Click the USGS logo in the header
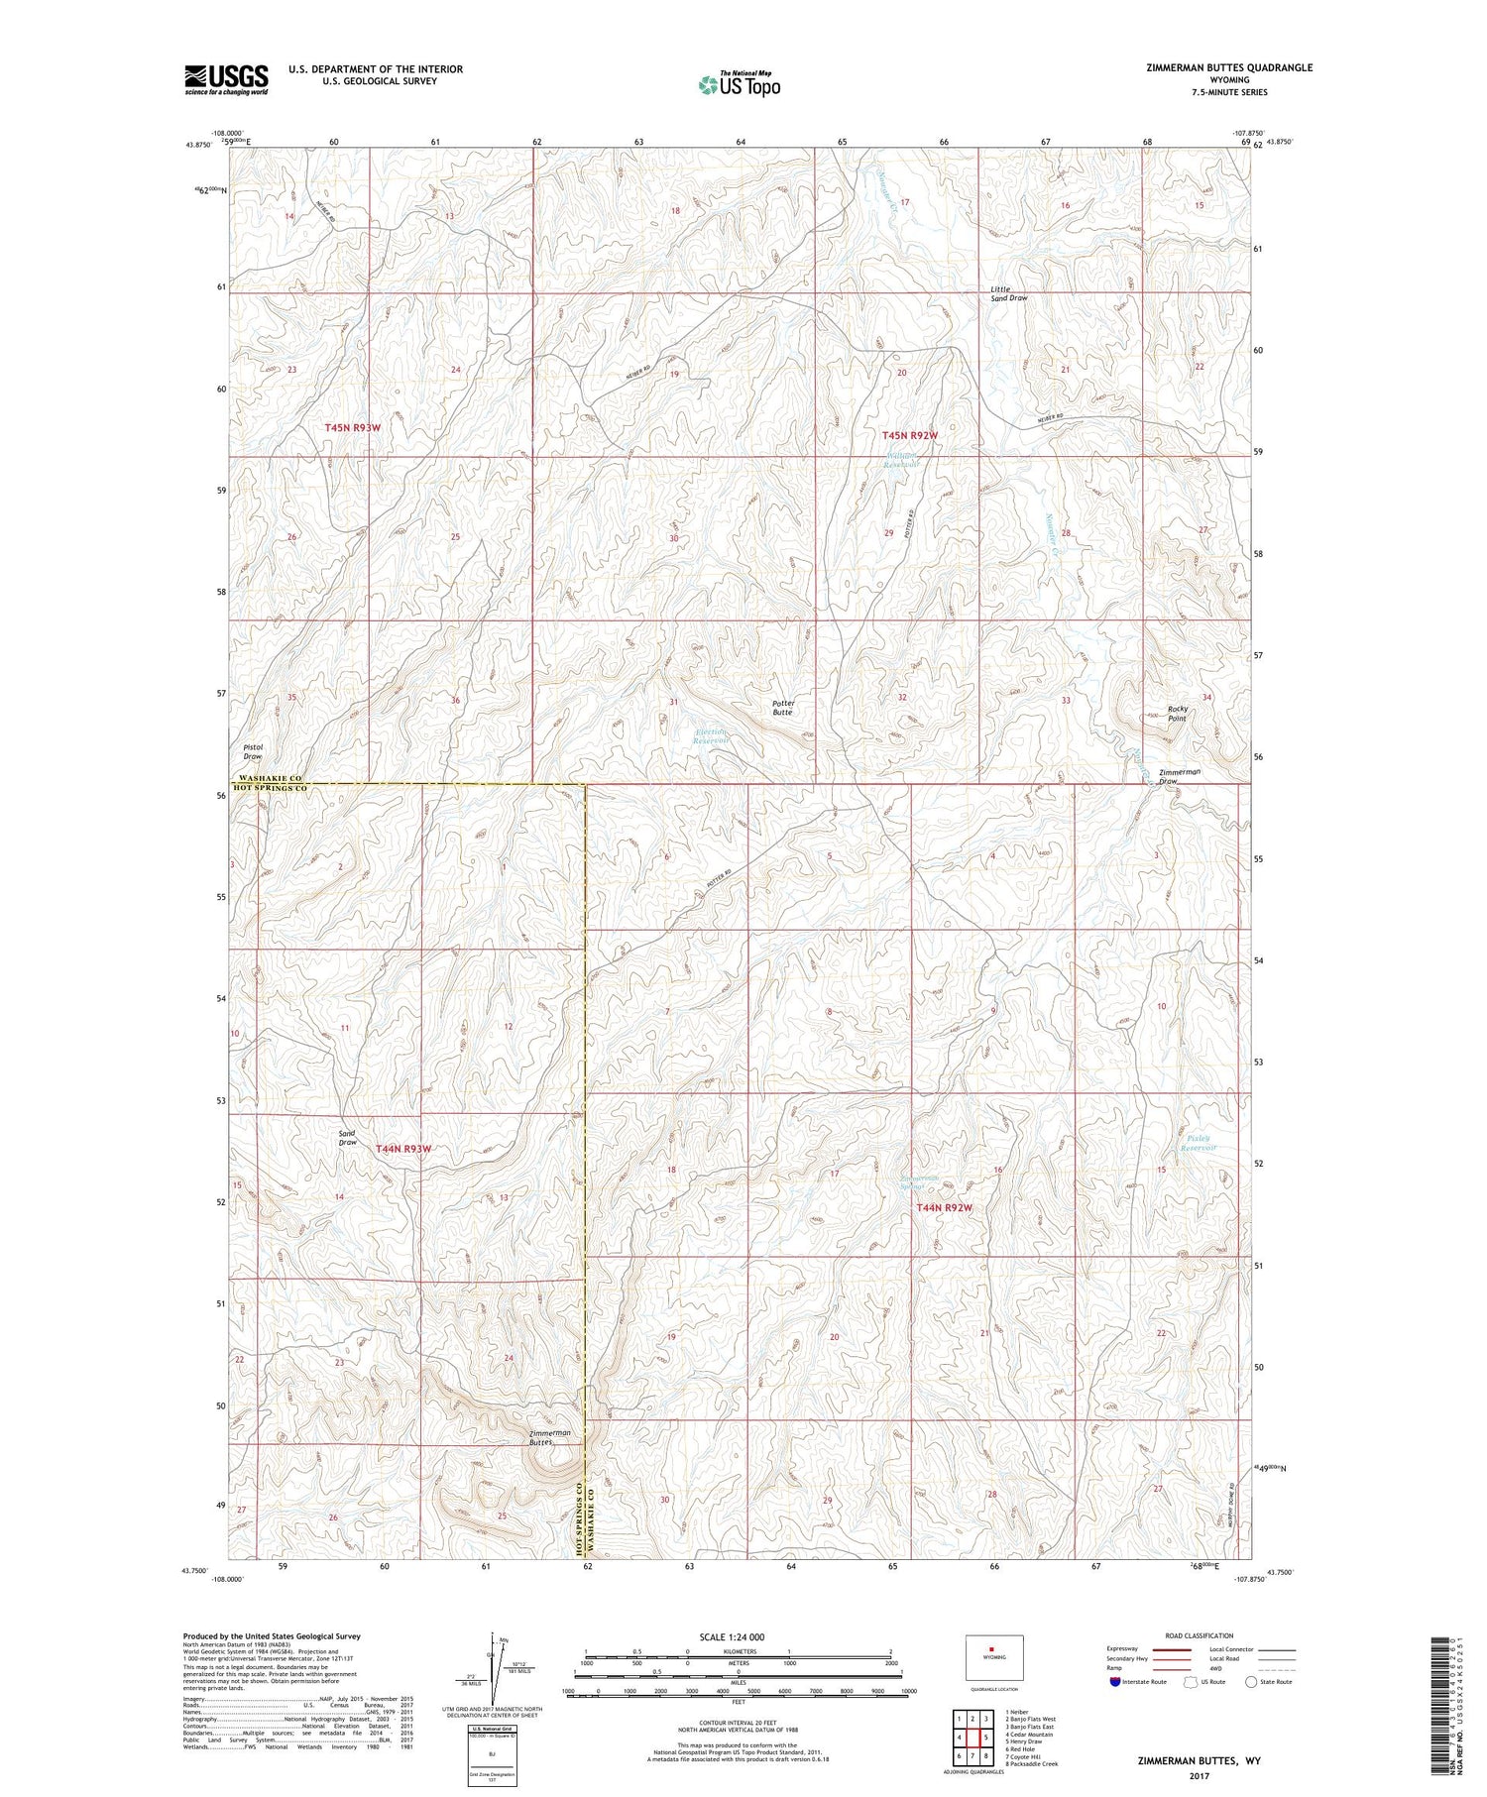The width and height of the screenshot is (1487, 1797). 226,79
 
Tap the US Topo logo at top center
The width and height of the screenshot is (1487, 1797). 739,84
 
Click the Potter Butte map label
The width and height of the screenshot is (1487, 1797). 783,708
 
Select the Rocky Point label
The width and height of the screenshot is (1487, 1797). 1177,713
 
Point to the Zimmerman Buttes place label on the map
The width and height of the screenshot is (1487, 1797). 550,1437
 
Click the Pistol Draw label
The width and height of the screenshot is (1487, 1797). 253,751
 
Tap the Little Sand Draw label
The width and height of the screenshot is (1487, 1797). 1009,293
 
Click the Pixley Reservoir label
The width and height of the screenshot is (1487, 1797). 1201,1143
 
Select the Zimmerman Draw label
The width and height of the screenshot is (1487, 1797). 1180,776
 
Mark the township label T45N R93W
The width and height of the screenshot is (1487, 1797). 353,427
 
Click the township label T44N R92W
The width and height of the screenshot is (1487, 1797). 944,1207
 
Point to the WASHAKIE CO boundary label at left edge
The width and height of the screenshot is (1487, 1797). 269,780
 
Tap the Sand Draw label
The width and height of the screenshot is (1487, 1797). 347,1138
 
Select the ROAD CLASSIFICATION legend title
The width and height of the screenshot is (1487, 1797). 1200,1635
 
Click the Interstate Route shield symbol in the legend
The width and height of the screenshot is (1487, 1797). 1114,1682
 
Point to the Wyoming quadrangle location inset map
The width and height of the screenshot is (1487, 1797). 993,1657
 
